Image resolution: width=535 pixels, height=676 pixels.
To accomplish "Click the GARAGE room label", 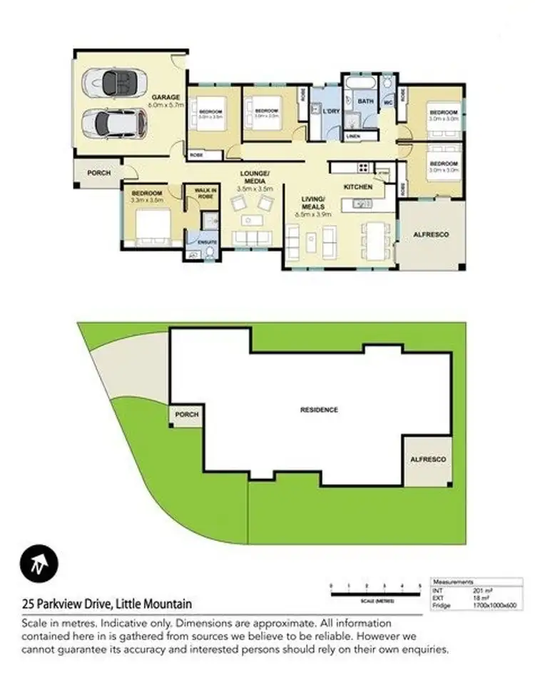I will [x=165, y=96].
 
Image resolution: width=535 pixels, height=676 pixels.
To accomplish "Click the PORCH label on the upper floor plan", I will [x=98, y=173].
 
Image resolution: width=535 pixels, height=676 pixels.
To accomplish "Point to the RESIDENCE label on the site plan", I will [x=319, y=410].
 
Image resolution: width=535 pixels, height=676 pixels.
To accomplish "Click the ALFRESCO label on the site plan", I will [x=428, y=460].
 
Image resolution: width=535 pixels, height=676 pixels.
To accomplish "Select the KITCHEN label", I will [x=358, y=186].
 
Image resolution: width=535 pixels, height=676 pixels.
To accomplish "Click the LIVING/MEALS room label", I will [x=313, y=202].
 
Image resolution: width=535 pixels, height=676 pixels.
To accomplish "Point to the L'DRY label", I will [x=330, y=112].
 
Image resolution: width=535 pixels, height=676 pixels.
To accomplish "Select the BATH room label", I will [x=365, y=102].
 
